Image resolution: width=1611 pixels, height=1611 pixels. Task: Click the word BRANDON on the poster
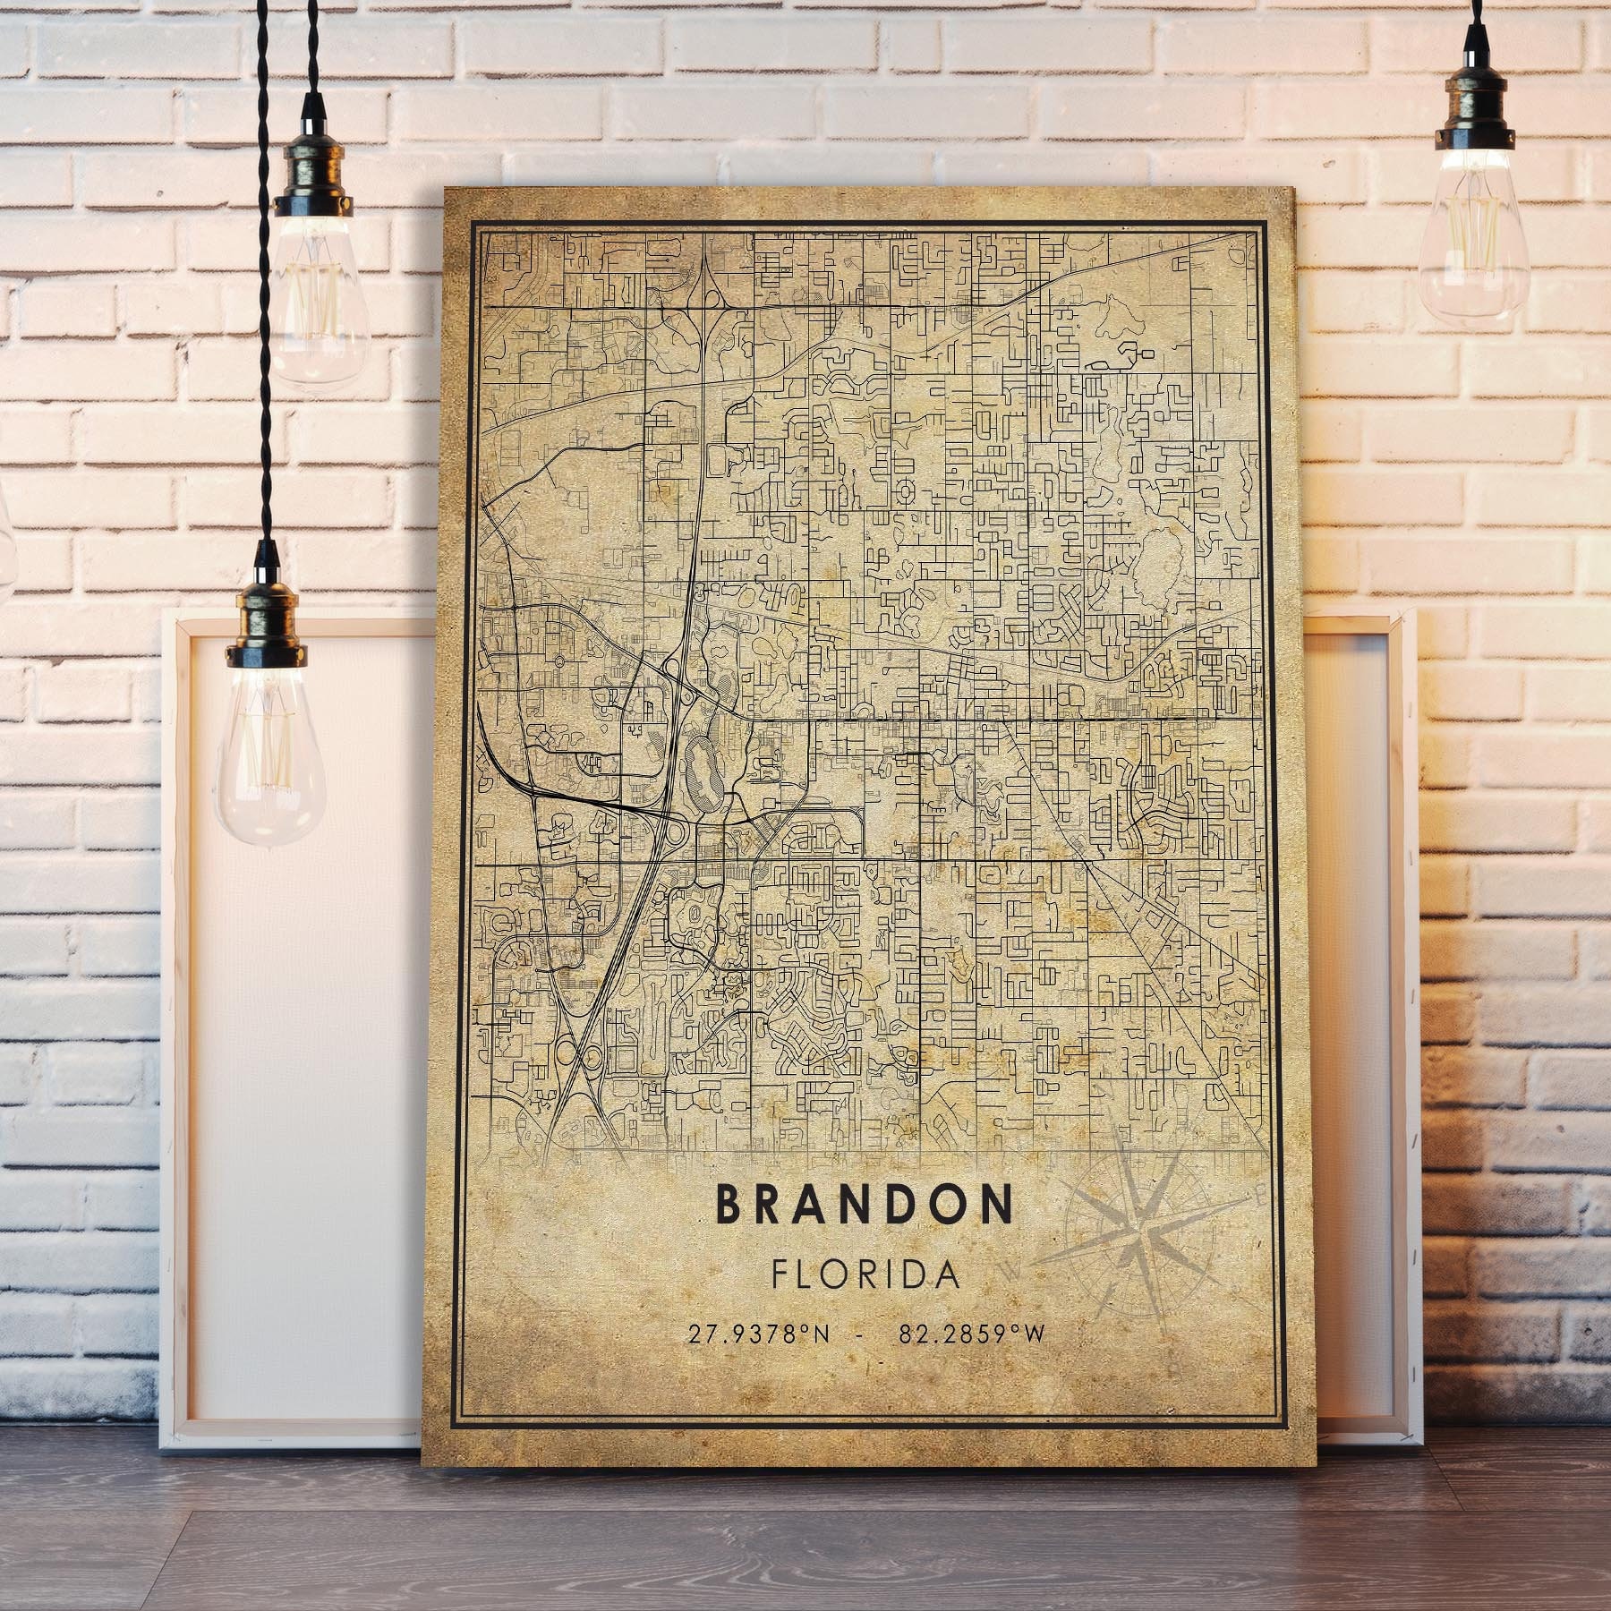865,1206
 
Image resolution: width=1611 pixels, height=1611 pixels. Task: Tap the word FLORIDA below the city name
865,1274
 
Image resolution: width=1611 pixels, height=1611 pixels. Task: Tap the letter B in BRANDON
728,1206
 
